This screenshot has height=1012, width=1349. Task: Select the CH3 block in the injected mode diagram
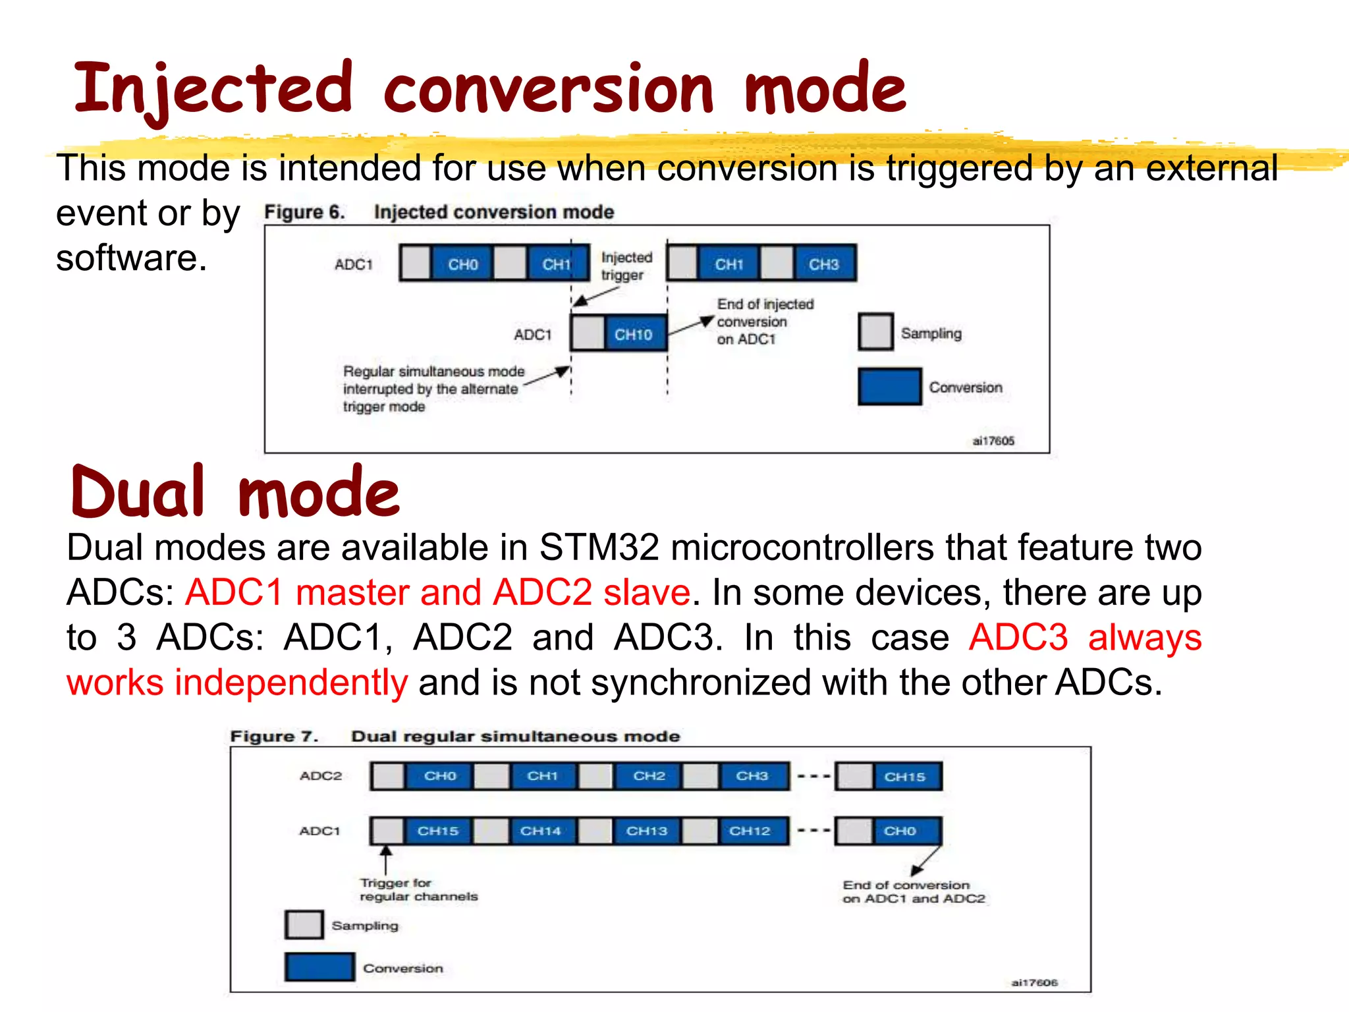click(823, 264)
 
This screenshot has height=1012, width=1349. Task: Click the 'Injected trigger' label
click(625, 266)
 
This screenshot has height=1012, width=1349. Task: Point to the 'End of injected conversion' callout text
click(764, 322)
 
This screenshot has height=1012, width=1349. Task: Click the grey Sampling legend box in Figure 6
click(875, 332)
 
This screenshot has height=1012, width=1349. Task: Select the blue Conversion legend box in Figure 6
click(889, 387)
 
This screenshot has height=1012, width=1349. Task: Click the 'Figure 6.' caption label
click(304, 212)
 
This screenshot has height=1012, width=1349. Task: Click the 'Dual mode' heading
click(235, 492)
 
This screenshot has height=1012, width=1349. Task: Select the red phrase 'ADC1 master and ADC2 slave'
click(437, 592)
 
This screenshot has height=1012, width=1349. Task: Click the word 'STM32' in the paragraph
click(598, 547)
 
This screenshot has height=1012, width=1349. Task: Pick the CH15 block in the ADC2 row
click(906, 776)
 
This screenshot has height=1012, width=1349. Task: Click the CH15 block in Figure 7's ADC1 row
click(438, 831)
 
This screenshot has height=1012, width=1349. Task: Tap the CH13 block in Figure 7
click(647, 831)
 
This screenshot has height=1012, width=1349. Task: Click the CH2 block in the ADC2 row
click(649, 775)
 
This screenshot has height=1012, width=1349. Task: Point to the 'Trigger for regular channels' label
click(418, 889)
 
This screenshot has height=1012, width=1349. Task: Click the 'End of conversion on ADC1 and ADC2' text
click(913, 892)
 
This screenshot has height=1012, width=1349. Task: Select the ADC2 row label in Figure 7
click(321, 775)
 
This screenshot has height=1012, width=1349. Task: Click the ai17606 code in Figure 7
click(1034, 982)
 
